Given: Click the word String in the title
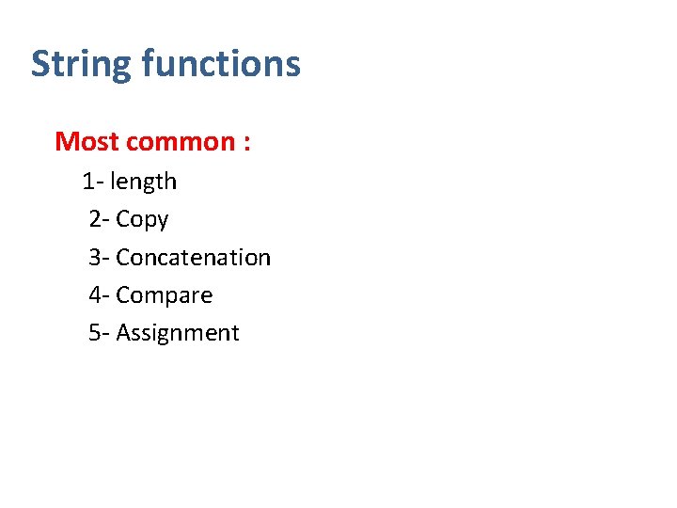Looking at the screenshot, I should click(x=82, y=65).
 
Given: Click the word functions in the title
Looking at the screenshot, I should click(x=221, y=64).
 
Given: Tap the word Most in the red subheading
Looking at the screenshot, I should click(x=87, y=142).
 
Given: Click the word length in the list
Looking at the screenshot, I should click(x=143, y=182).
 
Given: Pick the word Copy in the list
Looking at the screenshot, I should click(x=142, y=220).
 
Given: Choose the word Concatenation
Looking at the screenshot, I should click(x=193, y=257).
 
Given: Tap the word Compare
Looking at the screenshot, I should click(x=164, y=295).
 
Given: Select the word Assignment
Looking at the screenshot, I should click(x=178, y=333).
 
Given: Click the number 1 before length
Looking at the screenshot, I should click(x=87, y=181).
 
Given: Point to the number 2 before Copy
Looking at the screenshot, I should click(x=95, y=219).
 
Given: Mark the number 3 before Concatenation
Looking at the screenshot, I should click(x=95, y=257).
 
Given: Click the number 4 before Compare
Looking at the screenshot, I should click(x=95, y=294).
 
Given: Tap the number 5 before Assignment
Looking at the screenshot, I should click(x=95, y=332).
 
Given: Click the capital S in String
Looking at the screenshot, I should click(x=40, y=64).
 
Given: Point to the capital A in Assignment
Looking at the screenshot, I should click(x=123, y=332).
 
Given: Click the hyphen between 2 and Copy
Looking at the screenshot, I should click(x=106, y=221).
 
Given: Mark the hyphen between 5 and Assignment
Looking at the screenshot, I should click(x=106, y=334).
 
